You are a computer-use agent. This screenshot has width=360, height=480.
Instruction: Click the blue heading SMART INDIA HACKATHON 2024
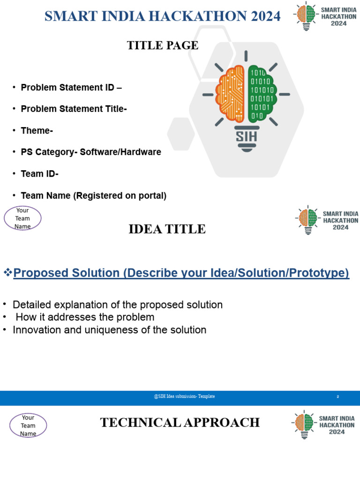[x=162, y=16]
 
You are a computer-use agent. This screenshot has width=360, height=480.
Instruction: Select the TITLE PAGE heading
[x=163, y=45]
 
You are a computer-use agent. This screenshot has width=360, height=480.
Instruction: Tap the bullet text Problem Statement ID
[x=71, y=88]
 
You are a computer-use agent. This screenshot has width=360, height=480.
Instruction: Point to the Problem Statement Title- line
[x=74, y=109]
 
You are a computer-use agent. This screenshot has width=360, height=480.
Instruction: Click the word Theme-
[x=37, y=131]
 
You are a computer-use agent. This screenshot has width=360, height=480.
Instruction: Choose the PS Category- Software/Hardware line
[x=91, y=152]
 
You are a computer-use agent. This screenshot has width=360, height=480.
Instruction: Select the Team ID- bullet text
[x=39, y=174]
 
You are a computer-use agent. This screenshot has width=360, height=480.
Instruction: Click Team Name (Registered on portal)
[x=93, y=196]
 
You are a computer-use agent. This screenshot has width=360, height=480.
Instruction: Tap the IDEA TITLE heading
[x=167, y=229]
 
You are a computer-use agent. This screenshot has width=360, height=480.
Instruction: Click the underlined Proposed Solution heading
[x=181, y=273]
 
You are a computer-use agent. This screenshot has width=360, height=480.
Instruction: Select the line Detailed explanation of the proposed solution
[x=117, y=305]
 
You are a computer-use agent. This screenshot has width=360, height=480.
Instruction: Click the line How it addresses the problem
[x=85, y=317]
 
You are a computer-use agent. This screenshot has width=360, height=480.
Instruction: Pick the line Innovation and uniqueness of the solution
[x=109, y=330]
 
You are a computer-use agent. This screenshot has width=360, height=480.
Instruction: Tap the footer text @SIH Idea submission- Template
[x=184, y=397]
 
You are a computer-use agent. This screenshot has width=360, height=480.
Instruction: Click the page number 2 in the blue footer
[x=337, y=397]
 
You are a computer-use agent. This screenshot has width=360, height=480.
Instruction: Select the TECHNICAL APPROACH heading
[x=180, y=423]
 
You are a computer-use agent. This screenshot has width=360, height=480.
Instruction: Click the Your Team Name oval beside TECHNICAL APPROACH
[x=28, y=425]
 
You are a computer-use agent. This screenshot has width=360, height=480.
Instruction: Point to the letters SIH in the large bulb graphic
[x=246, y=136]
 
